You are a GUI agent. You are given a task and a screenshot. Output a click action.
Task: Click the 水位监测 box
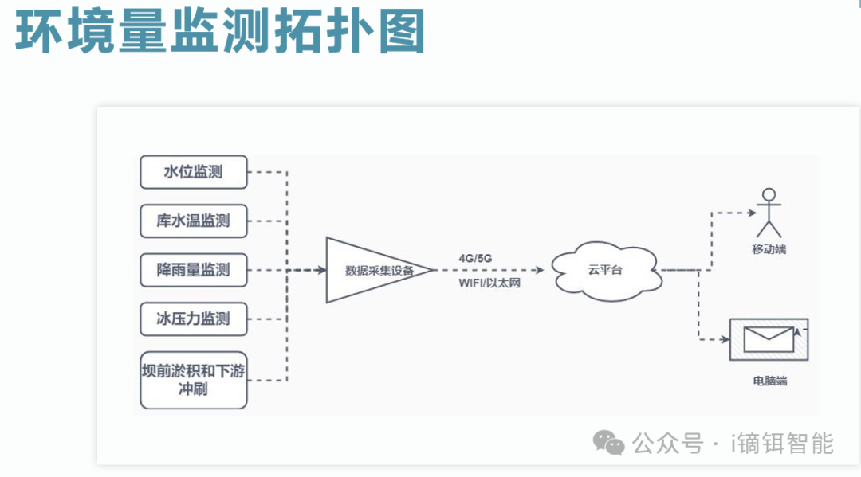click(193, 172)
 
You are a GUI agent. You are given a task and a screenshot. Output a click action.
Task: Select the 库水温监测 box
click(193, 221)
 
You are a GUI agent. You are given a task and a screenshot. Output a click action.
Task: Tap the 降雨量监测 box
click(193, 270)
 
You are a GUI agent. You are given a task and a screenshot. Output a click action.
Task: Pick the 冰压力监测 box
click(193, 319)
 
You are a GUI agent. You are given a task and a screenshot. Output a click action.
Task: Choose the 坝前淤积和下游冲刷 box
click(193, 380)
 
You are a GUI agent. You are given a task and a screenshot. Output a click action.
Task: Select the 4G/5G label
click(475, 259)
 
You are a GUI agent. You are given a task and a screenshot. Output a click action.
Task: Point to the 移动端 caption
click(769, 249)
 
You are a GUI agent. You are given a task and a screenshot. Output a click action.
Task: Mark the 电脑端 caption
click(769, 381)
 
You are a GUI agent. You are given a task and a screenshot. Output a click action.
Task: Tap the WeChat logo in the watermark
click(611, 443)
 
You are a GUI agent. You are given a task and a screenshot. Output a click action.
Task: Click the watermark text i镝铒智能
click(782, 443)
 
